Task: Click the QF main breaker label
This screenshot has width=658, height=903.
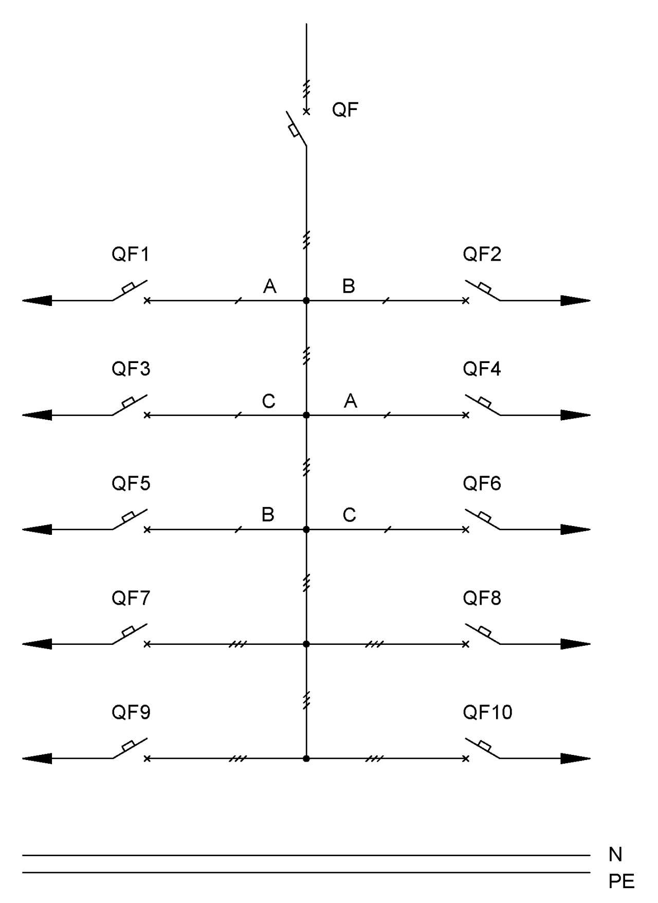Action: pyautogui.click(x=345, y=110)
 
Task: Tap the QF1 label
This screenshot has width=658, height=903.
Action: pyautogui.click(x=131, y=254)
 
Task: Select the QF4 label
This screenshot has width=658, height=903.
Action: pyautogui.click(x=482, y=369)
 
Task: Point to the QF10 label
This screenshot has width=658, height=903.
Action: pyautogui.click(x=487, y=712)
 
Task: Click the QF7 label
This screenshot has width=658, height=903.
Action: pyautogui.click(x=131, y=598)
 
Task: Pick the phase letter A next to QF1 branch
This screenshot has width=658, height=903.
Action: pyautogui.click(x=270, y=286)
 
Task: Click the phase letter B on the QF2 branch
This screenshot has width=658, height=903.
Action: pyautogui.click(x=349, y=286)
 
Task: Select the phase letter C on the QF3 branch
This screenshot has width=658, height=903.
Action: pyautogui.click(x=269, y=401)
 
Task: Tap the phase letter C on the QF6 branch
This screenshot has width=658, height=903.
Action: pyautogui.click(x=350, y=515)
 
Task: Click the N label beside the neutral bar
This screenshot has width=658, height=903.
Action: pyautogui.click(x=615, y=854)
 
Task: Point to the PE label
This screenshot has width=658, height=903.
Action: pyautogui.click(x=622, y=881)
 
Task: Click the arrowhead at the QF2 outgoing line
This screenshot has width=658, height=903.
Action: pyautogui.click(x=576, y=300)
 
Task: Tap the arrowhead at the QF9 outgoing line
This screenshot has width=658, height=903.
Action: pyautogui.click(x=37, y=758)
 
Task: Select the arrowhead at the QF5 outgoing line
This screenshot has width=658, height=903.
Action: pyautogui.click(x=37, y=529)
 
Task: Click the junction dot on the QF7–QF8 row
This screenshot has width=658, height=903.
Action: pyautogui.click(x=306, y=644)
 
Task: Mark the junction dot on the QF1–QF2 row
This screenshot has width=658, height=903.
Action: pyautogui.click(x=306, y=300)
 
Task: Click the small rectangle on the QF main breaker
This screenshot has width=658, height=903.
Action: pyautogui.click(x=294, y=131)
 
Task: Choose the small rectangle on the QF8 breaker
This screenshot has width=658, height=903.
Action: pyautogui.click(x=484, y=631)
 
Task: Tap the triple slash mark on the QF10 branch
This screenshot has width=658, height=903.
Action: pyautogui.click(x=375, y=758)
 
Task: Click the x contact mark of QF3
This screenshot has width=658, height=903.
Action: pyautogui.click(x=147, y=415)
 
